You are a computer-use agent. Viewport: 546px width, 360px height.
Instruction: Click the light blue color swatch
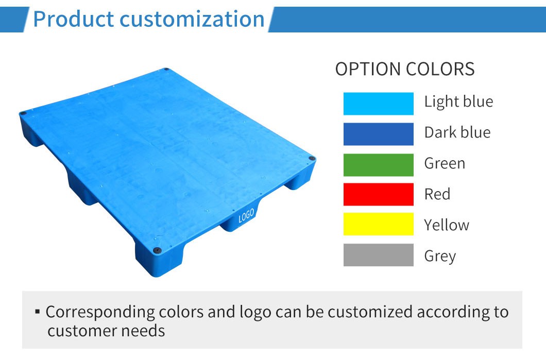click(x=378, y=104)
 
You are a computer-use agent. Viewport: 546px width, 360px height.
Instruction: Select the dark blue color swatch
click(x=378, y=134)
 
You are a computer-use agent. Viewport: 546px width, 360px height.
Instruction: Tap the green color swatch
click(x=378, y=165)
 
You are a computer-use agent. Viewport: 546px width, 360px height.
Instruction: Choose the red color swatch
click(x=378, y=195)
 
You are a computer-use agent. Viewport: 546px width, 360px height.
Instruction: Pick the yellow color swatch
click(x=378, y=225)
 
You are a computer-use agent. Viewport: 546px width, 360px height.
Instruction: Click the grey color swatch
click(x=378, y=255)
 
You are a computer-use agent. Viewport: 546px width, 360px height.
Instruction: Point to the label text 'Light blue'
click(x=458, y=102)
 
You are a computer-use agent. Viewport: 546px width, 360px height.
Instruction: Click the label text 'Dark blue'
click(x=457, y=133)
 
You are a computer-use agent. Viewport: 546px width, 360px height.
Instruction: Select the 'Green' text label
click(x=445, y=164)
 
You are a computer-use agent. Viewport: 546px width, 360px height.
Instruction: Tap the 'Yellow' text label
click(x=447, y=225)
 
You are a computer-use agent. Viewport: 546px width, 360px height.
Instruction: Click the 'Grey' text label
click(x=440, y=256)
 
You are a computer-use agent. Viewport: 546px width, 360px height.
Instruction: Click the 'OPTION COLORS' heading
click(x=405, y=69)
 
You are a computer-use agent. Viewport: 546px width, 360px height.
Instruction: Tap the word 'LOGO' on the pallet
click(x=246, y=215)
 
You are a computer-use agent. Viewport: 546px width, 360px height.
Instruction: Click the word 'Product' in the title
click(x=73, y=19)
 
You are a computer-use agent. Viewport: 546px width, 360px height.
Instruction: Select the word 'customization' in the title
click(x=192, y=19)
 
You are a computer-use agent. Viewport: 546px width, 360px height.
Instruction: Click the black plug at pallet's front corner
click(x=156, y=249)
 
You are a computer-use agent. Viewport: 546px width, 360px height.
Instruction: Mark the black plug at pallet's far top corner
click(x=166, y=70)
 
